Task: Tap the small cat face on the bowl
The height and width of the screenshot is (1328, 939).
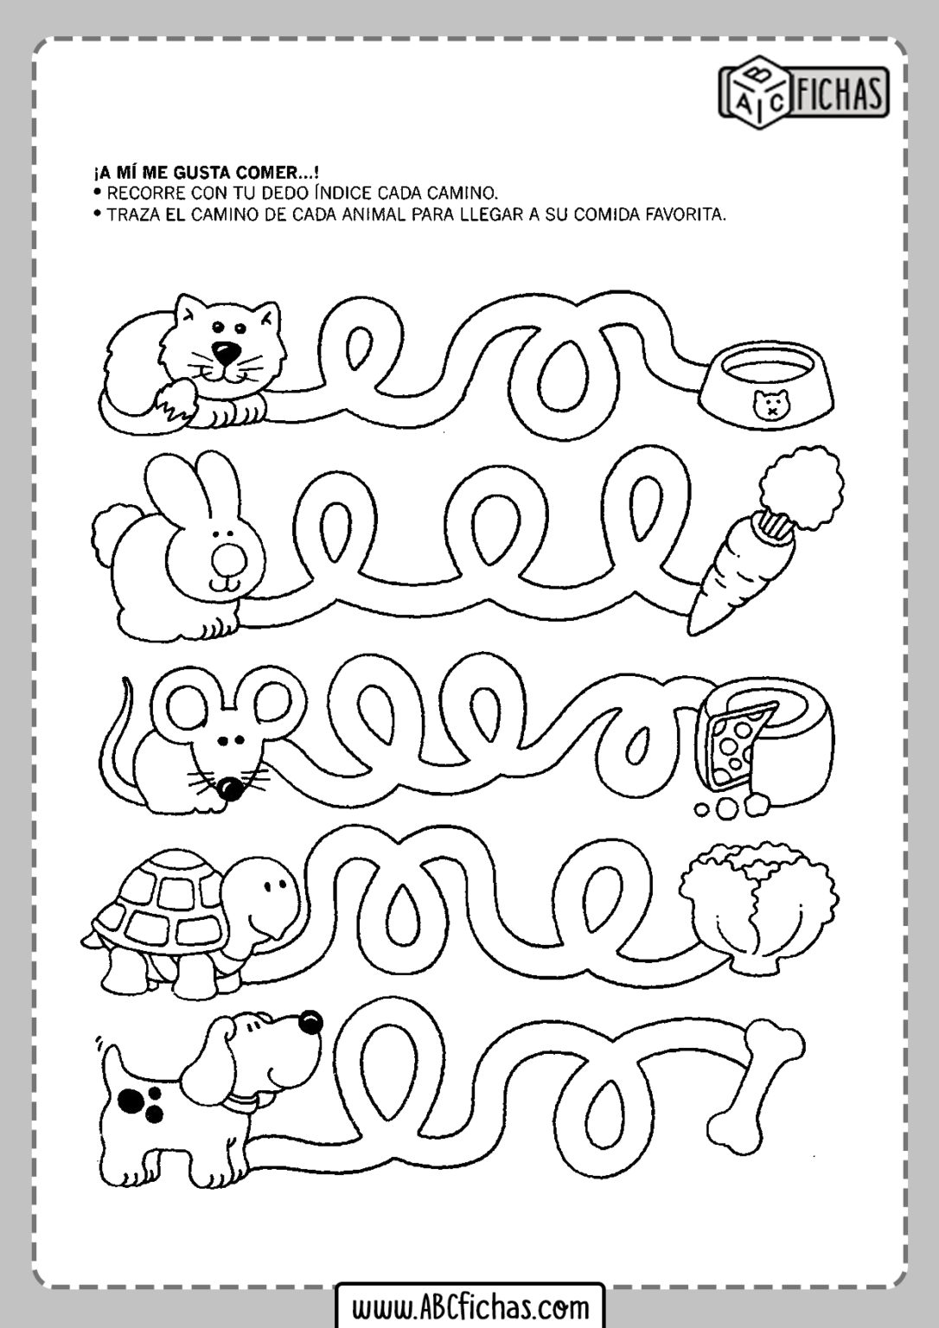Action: pyautogui.click(x=769, y=405)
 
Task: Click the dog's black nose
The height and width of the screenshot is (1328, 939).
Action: pyautogui.click(x=310, y=1021)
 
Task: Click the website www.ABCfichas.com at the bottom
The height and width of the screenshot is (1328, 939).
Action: pyautogui.click(x=470, y=1304)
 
